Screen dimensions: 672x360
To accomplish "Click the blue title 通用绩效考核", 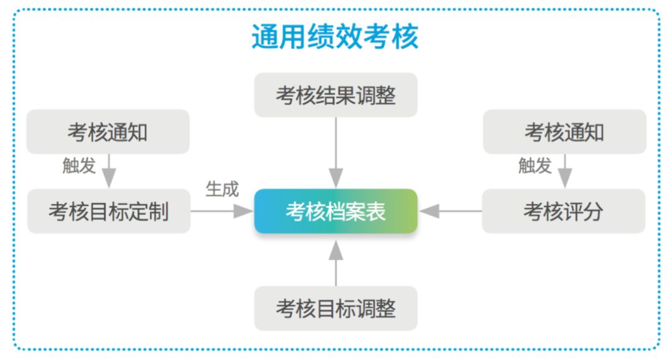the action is pos(335,37).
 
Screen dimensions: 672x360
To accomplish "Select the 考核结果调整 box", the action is pos(335,95).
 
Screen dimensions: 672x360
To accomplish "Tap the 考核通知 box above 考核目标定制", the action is pos(108,132).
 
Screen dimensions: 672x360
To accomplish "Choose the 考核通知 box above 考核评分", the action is pos(564,132).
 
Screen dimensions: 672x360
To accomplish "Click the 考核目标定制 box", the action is pos(109,211).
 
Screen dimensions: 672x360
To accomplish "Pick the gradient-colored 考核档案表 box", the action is pos(335,211).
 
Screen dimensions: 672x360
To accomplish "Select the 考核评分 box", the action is pos(564,211).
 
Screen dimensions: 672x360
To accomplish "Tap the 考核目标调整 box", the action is pos(335,308).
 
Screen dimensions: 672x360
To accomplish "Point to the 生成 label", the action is pos(222,189).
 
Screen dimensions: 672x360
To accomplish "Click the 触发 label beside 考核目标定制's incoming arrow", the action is pos(79,165).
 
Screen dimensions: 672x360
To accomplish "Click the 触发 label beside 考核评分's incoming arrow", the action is pos(535,165).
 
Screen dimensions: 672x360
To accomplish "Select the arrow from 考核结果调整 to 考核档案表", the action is pos(335,153).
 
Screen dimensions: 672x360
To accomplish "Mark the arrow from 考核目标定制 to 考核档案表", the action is pos(222,211).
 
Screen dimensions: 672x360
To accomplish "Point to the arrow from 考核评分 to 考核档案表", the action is pos(450,211).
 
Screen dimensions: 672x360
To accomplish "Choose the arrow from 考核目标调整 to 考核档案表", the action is pos(335,263).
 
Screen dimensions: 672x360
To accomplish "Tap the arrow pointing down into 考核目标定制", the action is pos(109,171).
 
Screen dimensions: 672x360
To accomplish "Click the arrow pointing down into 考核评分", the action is pos(565,171).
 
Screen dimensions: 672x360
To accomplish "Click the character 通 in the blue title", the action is pos(265,37).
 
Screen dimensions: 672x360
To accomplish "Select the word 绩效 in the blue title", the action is pos(335,37).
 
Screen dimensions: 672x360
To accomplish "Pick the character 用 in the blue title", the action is pos(292,37).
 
